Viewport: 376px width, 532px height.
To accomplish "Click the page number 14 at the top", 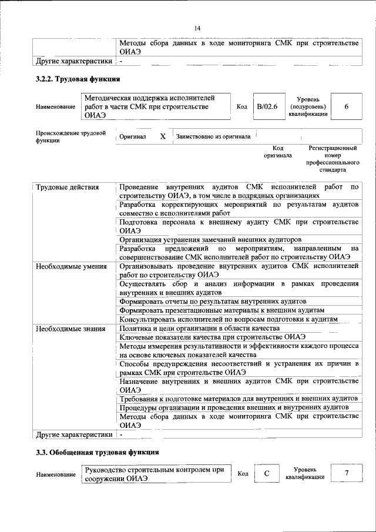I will pos(197,28).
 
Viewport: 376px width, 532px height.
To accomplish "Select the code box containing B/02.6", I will pos(267,106).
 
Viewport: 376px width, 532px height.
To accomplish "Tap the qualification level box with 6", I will pos(346,106).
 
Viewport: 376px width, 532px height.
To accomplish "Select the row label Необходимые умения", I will pos(71,266).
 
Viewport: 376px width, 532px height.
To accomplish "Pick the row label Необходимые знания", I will pos(70,328).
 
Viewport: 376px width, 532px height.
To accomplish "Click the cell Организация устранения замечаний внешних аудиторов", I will pos(210,239).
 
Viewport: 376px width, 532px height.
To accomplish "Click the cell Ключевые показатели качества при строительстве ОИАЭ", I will pos(212,337).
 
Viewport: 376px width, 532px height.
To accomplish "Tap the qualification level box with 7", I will pos(346,474).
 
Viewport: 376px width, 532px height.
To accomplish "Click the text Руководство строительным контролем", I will pos(155,470).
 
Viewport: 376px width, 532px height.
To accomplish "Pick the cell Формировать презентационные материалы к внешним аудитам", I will pos(221,309).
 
